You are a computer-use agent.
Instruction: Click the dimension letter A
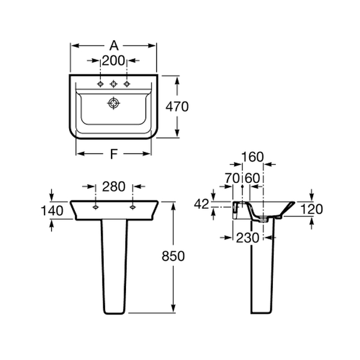click(x=114, y=46)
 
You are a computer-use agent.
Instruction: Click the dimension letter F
click(x=114, y=154)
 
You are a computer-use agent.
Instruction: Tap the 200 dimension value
click(x=113, y=61)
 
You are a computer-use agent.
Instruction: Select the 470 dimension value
click(x=177, y=107)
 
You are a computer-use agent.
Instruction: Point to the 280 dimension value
click(x=113, y=187)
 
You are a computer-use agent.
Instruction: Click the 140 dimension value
click(x=52, y=211)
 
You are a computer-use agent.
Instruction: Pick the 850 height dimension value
click(x=173, y=256)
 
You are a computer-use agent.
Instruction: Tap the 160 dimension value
click(x=253, y=157)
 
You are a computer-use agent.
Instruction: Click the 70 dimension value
click(x=232, y=178)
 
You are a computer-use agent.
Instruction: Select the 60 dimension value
click(x=253, y=178)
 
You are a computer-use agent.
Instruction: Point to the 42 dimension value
click(x=202, y=204)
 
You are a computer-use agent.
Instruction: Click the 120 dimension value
click(x=311, y=209)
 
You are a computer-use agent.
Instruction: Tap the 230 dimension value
click(x=248, y=238)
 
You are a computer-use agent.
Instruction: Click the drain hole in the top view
click(x=113, y=103)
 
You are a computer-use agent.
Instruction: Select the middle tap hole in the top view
click(x=113, y=84)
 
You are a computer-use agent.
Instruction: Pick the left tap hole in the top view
click(x=100, y=84)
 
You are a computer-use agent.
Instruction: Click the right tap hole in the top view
click(x=127, y=84)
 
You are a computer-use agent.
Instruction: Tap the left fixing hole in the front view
click(x=95, y=208)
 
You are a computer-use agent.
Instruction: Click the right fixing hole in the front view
click(x=132, y=208)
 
